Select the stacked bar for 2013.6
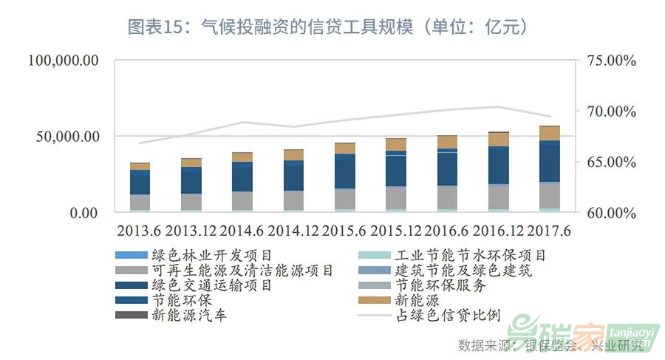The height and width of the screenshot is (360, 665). click(x=140, y=188)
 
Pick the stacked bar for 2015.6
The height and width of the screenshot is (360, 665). click(x=344, y=177)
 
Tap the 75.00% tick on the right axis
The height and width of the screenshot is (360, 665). click(x=611, y=61)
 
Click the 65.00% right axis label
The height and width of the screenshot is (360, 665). click(x=611, y=162)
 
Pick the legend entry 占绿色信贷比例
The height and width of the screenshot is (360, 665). click(x=449, y=316)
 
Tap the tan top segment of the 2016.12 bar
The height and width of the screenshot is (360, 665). click(x=498, y=140)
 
